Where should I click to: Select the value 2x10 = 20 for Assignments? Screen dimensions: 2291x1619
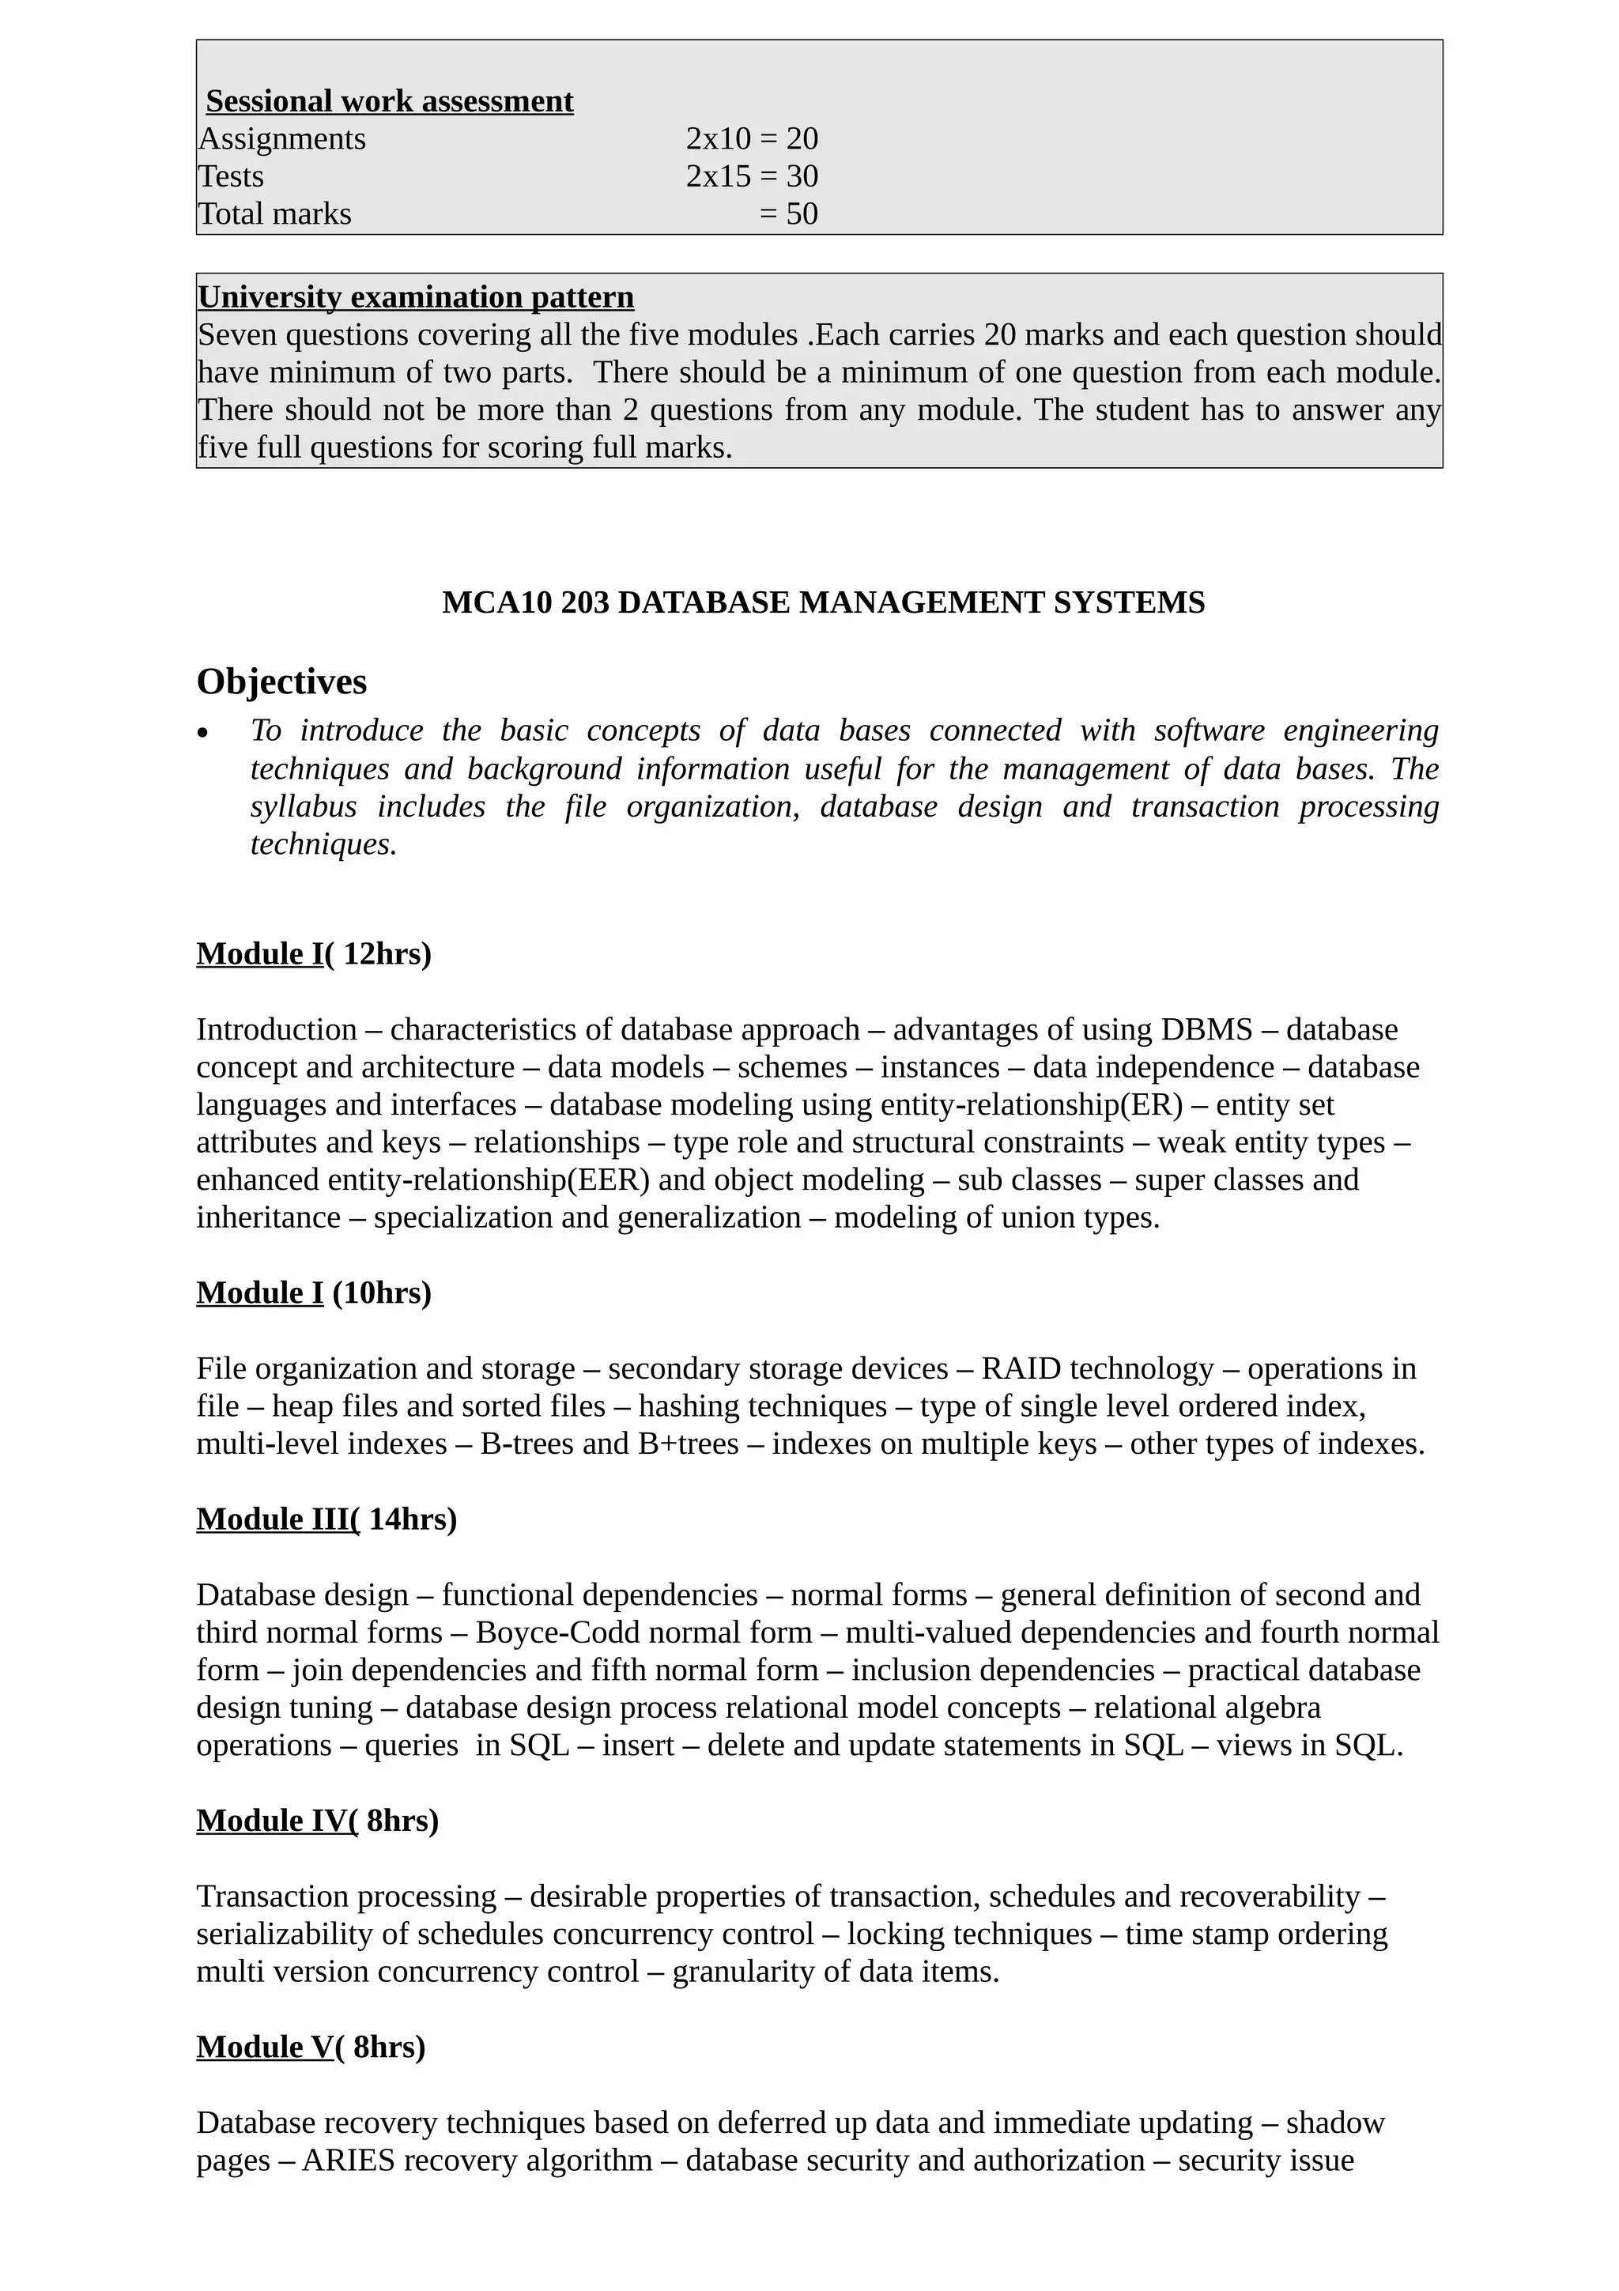point(751,138)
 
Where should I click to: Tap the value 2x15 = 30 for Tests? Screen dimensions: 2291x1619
point(751,176)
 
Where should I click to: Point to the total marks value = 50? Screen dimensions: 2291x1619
point(788,213)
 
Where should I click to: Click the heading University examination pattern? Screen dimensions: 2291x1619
point(415,296)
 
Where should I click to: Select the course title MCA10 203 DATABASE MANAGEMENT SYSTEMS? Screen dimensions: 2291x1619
point(823,602)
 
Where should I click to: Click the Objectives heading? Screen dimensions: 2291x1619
point(281,681)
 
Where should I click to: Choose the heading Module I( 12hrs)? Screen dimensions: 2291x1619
point(313,954)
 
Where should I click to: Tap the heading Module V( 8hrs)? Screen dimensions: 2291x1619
point(310,2047)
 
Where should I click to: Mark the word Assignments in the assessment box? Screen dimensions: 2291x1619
point(282,138)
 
